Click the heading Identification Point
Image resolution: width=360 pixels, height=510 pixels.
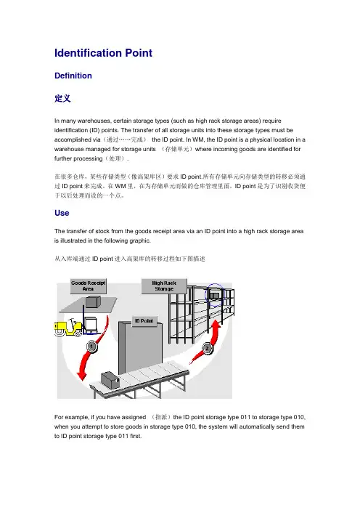(103, 53)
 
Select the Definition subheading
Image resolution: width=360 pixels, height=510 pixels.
(73, 76)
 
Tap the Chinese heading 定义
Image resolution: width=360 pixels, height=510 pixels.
(62, 98)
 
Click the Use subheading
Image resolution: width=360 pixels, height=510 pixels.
(62, 213)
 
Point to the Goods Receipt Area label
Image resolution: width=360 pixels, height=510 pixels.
(88, 286)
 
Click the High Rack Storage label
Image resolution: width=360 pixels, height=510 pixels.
(164, 286)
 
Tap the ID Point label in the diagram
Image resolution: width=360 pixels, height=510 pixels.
(144, 321)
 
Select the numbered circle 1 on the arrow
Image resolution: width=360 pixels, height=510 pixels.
(91, 347)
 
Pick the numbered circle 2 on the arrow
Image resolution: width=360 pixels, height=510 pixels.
(207, 349)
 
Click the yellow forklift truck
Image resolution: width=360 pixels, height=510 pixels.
(68, 327)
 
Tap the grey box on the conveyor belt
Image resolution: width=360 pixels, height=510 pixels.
(110, 380)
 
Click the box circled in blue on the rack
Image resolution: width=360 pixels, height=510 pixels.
(214, 296)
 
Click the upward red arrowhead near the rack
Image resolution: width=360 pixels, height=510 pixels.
(216, 324)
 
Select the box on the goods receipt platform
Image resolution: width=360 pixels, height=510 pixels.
(91, 301)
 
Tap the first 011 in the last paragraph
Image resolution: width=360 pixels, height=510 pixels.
(245, 417)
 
